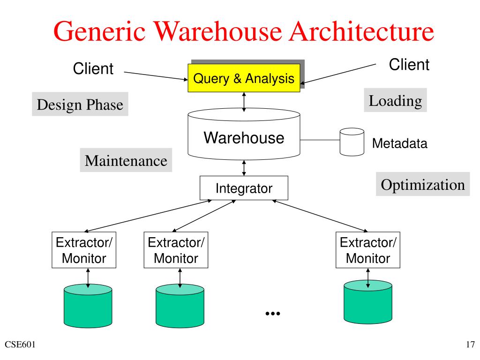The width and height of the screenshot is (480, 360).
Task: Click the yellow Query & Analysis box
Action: tap(244, 78)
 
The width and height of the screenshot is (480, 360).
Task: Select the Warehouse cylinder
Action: tap(244, 134)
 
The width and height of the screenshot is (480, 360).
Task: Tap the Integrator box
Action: tap(244, 188)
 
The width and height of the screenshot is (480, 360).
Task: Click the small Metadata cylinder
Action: tap(352, 142)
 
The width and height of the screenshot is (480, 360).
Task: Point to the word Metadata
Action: tap(399, 143)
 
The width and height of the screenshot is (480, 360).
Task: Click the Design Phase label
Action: tap(80, 104)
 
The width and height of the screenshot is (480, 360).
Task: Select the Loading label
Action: tap(395, 100)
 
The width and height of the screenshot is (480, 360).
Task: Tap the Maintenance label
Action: tap(126, 160)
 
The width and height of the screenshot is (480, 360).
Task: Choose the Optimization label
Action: tap(423, 184)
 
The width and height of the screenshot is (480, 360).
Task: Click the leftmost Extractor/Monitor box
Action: tap(84, 250)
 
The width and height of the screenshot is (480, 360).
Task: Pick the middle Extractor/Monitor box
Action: tap(176, 250)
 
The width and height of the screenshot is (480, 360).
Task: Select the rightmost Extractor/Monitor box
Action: tap(368, 250)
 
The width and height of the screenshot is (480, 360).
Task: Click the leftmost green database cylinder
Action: tap(88, 306)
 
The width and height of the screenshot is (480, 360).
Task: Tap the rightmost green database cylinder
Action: tap(368, 302)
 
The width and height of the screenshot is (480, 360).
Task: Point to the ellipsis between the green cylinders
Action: tap(273, 314)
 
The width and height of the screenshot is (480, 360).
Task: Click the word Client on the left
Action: tap(93, 68)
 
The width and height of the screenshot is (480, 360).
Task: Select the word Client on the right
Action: tap(409, 65)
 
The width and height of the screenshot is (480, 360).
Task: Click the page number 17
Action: tap(471, 345)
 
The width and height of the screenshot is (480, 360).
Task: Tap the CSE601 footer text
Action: tap(20, 345)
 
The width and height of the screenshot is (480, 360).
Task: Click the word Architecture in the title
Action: tap(361, 31)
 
